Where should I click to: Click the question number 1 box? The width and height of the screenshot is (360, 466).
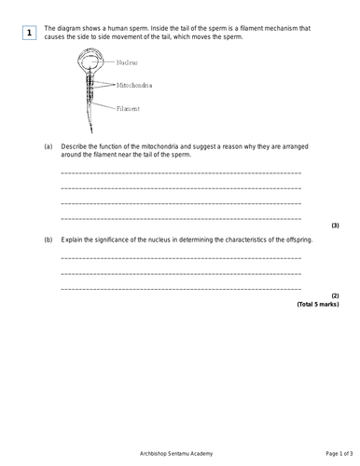tap(30, 34)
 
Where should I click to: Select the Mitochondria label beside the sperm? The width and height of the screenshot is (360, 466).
tap(134, 85)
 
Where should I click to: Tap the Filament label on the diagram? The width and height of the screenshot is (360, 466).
tap(129, 108)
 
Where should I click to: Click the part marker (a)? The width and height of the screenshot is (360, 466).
tap(48, 147)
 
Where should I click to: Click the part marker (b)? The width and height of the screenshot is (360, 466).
tap(48, 240)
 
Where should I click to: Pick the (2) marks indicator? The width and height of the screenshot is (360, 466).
tap(335, 296)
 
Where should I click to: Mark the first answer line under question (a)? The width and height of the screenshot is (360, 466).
tap(181, 174)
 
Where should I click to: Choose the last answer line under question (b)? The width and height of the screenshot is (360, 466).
tap(181, 288)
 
